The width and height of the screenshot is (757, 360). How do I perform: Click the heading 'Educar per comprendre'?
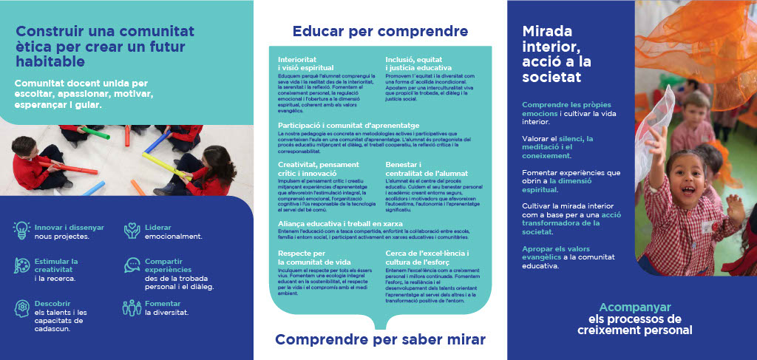(380, 31)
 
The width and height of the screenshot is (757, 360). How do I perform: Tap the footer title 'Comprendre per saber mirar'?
(380, 339)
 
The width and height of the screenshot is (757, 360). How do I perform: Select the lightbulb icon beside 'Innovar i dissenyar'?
(21, 231)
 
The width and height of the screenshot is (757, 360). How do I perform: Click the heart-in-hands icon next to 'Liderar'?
(132, 231)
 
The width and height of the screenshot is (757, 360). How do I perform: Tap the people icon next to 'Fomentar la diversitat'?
(132, 307)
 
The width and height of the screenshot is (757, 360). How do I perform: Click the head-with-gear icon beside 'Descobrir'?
(21, 307)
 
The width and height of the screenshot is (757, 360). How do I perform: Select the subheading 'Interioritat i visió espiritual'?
(305, 63)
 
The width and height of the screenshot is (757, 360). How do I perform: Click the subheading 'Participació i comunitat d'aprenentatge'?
(348, 126)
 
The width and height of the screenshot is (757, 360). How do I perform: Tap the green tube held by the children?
(95, 133)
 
